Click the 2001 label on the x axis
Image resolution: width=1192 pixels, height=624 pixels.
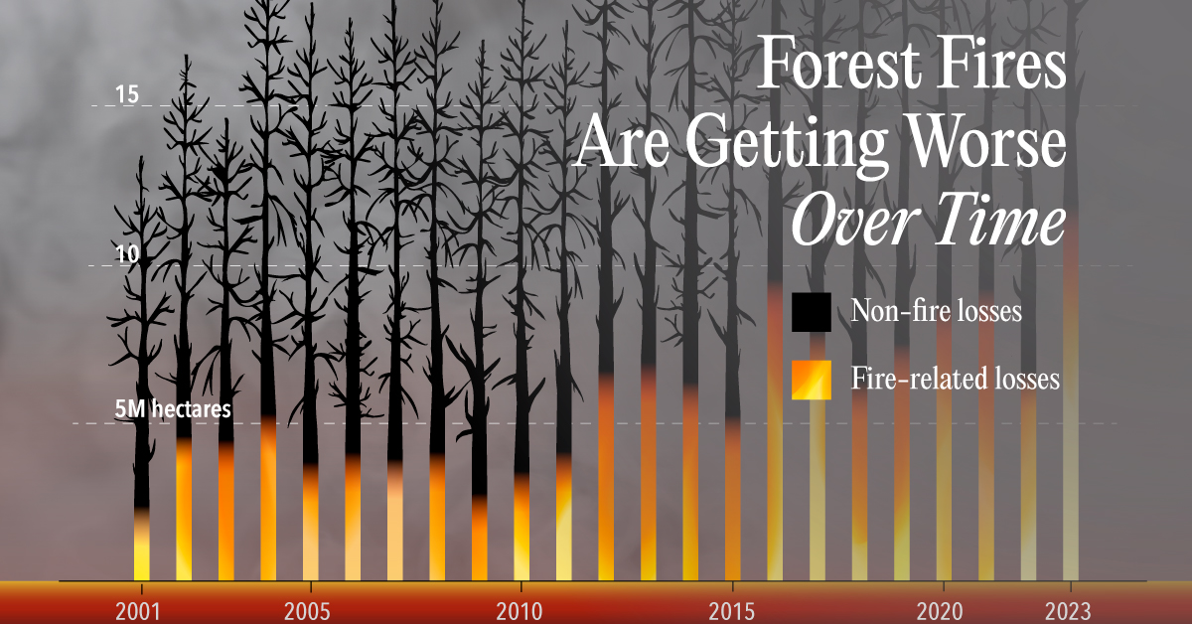(138, 612)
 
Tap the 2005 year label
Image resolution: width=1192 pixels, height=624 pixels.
(307, 612)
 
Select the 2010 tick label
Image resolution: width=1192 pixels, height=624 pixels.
(520, 612)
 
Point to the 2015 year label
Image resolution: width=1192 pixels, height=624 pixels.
(732, 612)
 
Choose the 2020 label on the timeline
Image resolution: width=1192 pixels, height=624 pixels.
(940, 612)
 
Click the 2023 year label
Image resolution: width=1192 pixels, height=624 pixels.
(1068, 612)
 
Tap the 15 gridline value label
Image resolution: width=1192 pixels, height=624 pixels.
(127, 94)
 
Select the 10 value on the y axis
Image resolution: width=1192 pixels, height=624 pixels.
(127, 254)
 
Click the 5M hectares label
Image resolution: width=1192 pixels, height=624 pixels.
(173, 409)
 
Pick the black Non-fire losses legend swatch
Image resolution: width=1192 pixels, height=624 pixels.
(812, 312)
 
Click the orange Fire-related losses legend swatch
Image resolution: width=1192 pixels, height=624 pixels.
(812, 380)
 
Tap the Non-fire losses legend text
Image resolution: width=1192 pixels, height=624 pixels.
(937, 310)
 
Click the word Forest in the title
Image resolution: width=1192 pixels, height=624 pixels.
(840, 63)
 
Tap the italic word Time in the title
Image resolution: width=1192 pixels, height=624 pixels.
(1001, 219)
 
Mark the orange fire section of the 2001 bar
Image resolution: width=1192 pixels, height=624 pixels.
(141, 545)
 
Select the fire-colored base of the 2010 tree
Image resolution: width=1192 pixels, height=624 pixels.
(521, 527)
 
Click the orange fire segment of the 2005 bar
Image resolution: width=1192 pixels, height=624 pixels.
(311, 523)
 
